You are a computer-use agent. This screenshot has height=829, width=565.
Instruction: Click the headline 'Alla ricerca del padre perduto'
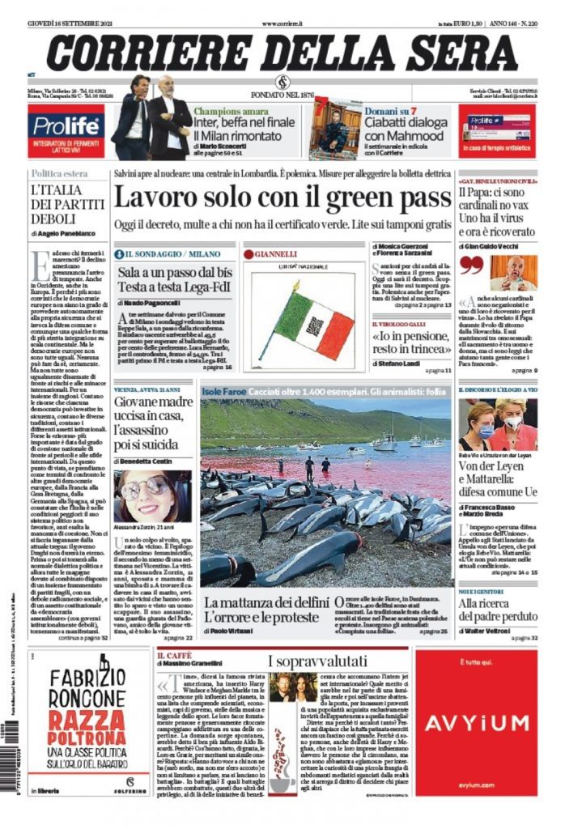(x=497, y=610)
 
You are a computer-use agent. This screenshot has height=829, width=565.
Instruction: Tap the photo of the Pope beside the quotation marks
(x=513, y=272)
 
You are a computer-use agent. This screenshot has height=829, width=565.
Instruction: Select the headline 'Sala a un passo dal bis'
(x=174, y=279)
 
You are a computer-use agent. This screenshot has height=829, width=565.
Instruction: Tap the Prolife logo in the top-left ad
(x=66, y=125)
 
